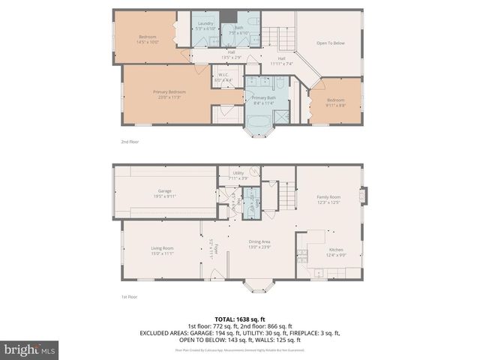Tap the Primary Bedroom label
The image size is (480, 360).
tap(169, 94)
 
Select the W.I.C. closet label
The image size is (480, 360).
tap(223, 76)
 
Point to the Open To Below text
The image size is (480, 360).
tap(330, 43)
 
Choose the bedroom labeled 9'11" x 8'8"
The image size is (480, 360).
tap(335, 102)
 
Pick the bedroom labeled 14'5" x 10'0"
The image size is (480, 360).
tap(148, 40)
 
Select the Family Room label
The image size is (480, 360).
tap(328, 199)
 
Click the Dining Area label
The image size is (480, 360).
tap(260, 244)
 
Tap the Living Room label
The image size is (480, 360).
tap(163, 250)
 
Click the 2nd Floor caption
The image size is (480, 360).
tap(130, 141)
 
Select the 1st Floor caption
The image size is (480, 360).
tap(129, 297)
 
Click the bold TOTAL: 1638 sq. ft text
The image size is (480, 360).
tap(239, 319)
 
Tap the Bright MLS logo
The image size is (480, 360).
tap(30, 349)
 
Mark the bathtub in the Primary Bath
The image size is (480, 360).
tap(260, 124)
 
